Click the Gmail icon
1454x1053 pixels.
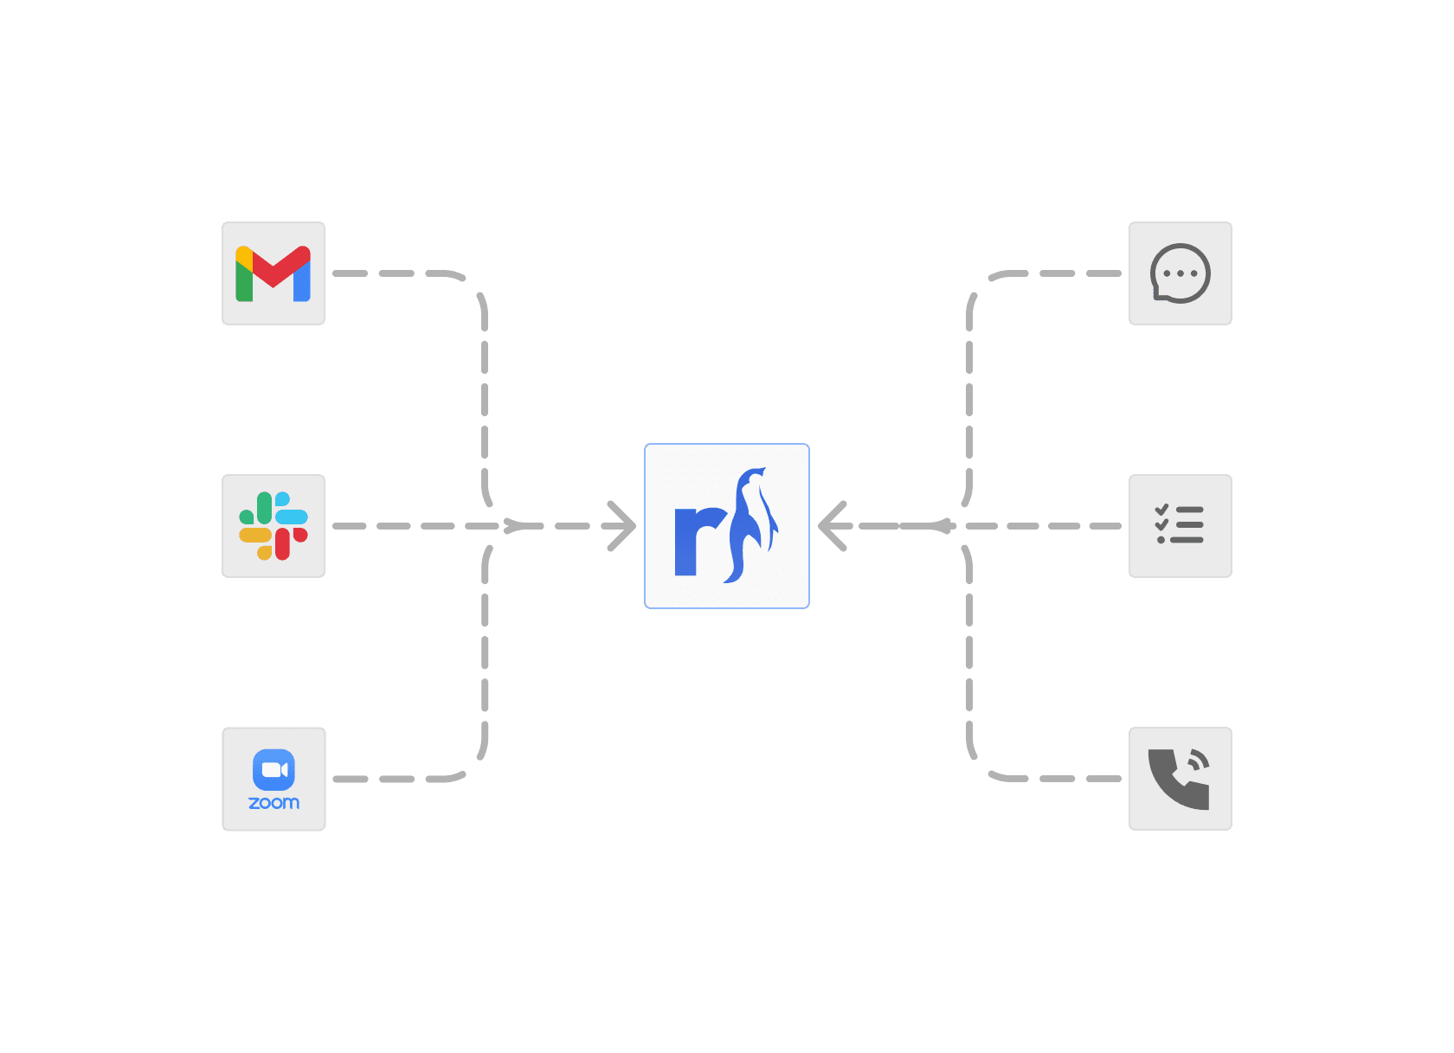pyautogui.click(x=273, y=273)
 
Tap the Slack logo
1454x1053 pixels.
pyautogui.click(x=273, y=526)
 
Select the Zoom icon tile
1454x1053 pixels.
pyautogui.click(x=273, y=779)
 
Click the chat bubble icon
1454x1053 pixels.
pyautogui.click(x=1180, y=273)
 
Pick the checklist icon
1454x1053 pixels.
pyautogui.click(x=1180, y=526)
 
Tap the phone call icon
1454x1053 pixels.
pyautogui.click(x=1180, y=779)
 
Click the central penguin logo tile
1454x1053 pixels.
pyautogui.click(x=727, y=526)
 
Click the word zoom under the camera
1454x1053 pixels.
pyautogui.click(x=273, y=803)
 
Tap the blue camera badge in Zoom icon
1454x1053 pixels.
pyautogui.click(x=273, y=769)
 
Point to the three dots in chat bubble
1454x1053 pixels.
pyautogui.click(x=1180, y=273)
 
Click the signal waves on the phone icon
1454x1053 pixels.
pyautogui.click(x=1198, y=761)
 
